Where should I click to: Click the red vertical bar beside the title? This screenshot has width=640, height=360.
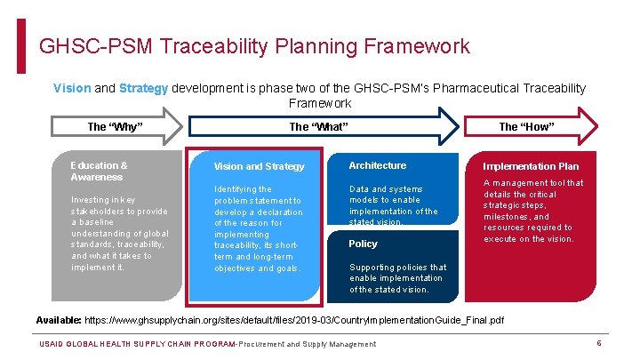pyautogui.click(x=22, y=46)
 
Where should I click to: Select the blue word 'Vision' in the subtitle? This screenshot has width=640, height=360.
pyautogui.click(x=72, y=88)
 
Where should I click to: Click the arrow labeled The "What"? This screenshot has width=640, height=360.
pyautogui.click(x=318, y=127)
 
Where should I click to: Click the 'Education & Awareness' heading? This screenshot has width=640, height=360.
pyautogui.click(x=100, y=171)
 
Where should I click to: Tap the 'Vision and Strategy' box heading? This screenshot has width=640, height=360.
pyautogui.click(x=260, y=166)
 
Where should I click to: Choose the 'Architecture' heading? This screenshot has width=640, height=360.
pyautogui.click(x=378, y=165)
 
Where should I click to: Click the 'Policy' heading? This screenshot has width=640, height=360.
pyautogui.click(x=363, y=244)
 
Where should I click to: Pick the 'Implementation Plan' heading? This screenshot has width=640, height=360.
pyautogui.click(x=531, y=166)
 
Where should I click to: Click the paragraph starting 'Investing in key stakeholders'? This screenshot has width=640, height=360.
pyautogui.click(x=119, y=233)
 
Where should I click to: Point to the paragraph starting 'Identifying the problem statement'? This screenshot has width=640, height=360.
pyautogui.click(x=258, y=228)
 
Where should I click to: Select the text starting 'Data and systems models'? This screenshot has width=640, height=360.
pyautogui.click(x=394, y=205)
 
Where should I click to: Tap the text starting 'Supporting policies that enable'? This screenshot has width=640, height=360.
pyautogui.click(x=386, y=278)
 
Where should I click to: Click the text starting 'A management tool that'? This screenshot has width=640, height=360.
pyautogui.click(x=533, y=211)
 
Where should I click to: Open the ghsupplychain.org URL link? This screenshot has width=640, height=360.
pyautogui.click(x=294, y=320)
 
